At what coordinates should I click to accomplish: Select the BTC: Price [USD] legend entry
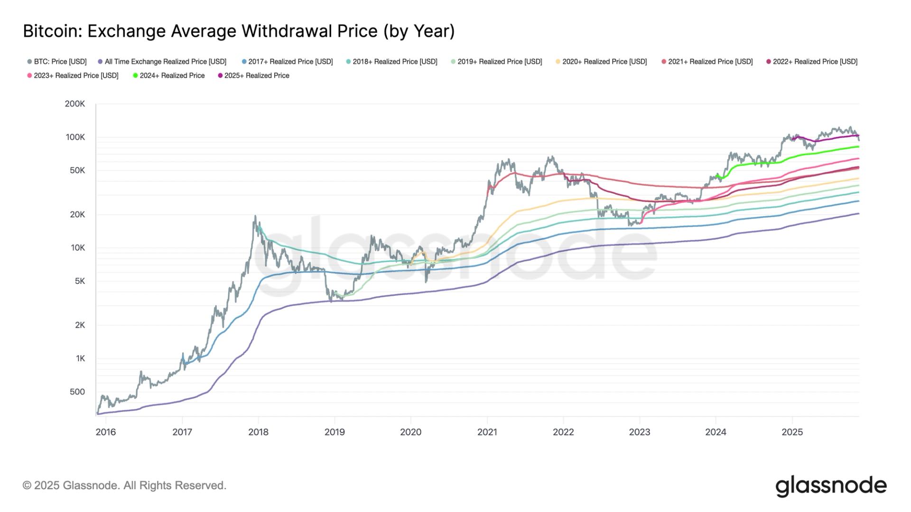(x=57, y=62)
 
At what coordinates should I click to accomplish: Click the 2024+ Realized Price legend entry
(x=169, y=75)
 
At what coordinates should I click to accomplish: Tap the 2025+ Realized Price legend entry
(x=253, y=75)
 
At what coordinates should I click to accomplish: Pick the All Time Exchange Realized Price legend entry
(x=162, y=62)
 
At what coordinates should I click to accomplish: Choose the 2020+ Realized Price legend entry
(x=601, y=62)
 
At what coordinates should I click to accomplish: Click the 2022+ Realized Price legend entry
(x=812, y=62)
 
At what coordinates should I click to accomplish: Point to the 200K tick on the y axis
(x=75, y=104)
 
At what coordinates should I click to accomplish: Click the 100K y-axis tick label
(x=75, y=137)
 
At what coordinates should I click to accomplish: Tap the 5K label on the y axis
(x=79, y=281)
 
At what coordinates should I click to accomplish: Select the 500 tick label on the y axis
(x=77, y=392)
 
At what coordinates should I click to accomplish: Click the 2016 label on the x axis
(x=105, y=432)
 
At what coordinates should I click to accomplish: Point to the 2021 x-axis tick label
(x=487, y=432)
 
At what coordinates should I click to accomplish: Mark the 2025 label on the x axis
(x=792, y=432)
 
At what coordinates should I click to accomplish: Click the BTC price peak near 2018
(x=255, y=217)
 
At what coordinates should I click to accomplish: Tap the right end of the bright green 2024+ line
(x=858, y=147)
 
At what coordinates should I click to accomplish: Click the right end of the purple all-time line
(x=858, y=214)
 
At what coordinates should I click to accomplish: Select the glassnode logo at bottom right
(x=831, y=486)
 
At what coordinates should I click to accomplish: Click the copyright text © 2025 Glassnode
(x=124, y=485)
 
